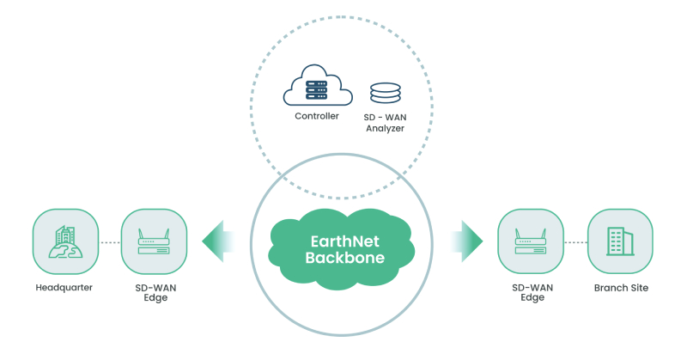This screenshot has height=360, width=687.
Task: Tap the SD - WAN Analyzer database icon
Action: [386, 94]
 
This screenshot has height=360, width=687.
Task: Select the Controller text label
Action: [317, 116]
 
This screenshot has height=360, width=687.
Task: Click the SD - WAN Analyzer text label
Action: [385, 122]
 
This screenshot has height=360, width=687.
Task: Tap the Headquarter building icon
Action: [64, 241]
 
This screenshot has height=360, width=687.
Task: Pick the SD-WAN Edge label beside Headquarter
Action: [154, 293]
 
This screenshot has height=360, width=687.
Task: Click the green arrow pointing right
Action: [468, 241]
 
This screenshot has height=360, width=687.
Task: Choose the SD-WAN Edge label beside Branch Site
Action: [530, 293]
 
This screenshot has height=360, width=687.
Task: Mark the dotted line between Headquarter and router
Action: [109, 242]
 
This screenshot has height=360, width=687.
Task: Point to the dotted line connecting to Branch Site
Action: [575, 242]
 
